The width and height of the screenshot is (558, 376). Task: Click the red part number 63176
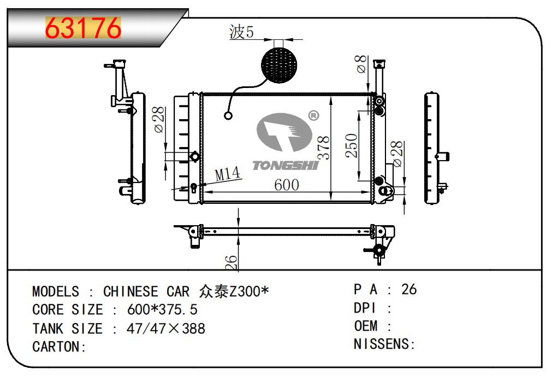click(x=83, y=28)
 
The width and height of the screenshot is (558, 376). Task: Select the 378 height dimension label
click(x=323, y=148)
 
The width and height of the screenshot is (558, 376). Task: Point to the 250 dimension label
click(x=351, y=145)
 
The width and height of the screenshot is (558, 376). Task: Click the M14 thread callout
click(x=227, y=174)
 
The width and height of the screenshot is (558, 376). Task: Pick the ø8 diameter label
click(x=361, y=64)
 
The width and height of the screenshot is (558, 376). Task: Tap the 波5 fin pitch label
click(x=241, y=32)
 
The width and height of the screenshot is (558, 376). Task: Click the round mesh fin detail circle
click(x=279, y=65)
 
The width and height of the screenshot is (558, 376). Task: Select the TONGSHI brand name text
click(x=286, y=166)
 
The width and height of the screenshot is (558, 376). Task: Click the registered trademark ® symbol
click(x=313, y=115)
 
